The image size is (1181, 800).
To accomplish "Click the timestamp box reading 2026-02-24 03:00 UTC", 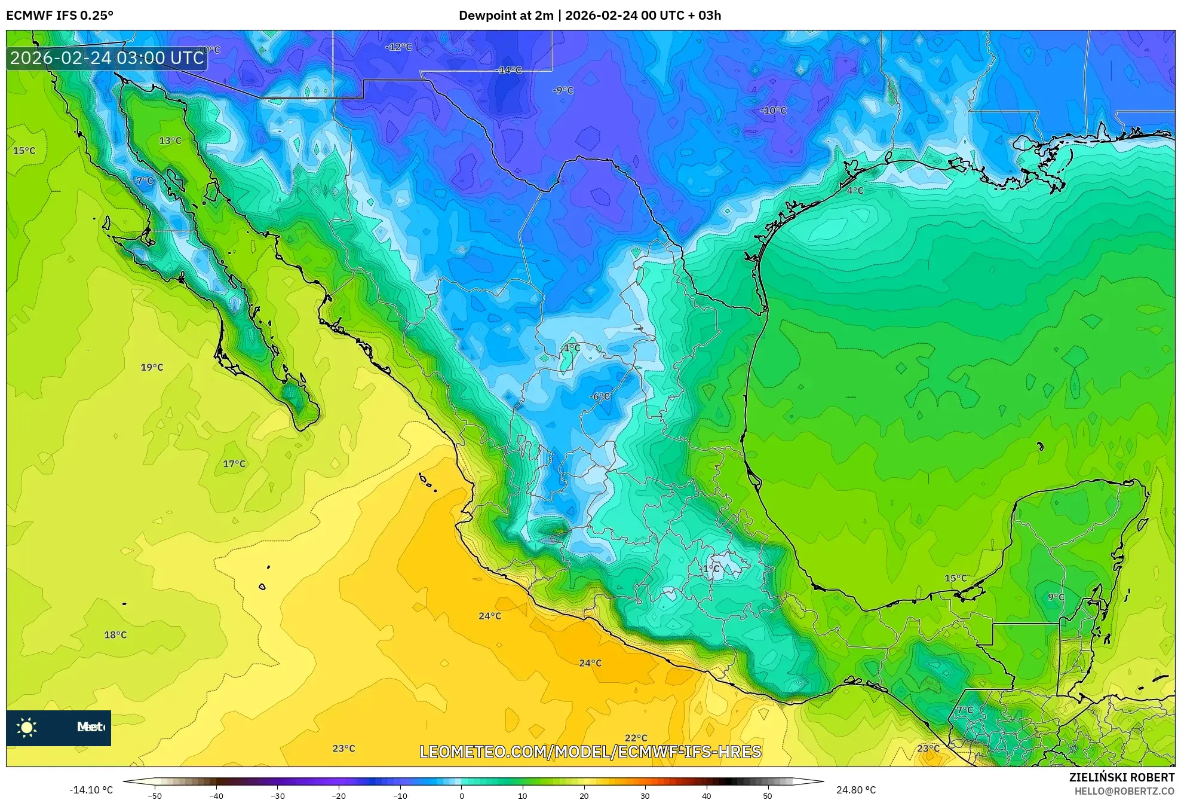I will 107,58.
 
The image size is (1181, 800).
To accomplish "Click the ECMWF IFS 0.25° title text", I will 60,16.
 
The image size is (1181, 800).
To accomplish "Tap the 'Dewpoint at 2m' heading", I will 506,16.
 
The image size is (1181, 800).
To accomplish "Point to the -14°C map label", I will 510,70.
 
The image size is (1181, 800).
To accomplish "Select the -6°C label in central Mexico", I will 600,396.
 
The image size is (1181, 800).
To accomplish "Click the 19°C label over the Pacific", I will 152,367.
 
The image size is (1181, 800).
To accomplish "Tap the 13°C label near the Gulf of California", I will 170,141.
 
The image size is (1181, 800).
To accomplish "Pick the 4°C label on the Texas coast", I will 855,190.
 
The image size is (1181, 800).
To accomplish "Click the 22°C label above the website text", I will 636,738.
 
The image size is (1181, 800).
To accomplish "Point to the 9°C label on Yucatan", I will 1056,597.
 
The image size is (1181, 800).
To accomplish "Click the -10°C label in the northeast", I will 773,111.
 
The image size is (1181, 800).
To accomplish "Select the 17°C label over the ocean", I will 234,463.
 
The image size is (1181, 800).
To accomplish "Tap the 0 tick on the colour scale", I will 461,795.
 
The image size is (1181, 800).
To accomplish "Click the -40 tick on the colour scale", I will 216,795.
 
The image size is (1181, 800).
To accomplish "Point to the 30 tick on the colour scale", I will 645,795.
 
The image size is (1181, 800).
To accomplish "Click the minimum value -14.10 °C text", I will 91,790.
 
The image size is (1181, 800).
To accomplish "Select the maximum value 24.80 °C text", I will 856,790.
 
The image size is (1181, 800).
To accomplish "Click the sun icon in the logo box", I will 27,727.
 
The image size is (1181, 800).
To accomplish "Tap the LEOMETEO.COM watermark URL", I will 590,752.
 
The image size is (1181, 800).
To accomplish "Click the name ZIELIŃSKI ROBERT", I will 1122,777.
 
